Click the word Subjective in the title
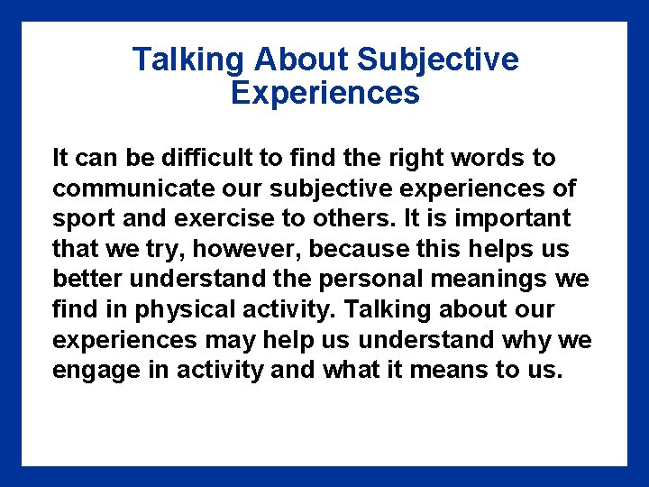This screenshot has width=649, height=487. [x=438, y=60]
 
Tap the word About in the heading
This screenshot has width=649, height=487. [x=301, y=60]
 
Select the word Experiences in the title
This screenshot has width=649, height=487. [x=324, y=93]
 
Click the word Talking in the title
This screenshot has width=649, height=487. [x=188, y=60]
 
